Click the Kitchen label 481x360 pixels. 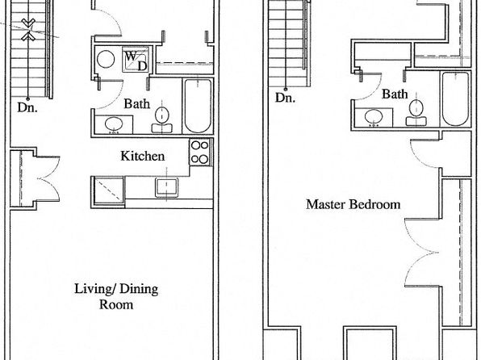(143, 156)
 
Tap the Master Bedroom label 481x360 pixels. (353, 204)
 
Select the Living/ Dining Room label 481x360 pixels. (116, 296)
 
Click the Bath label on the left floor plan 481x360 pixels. (137, 104)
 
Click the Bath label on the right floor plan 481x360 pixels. (395, 94)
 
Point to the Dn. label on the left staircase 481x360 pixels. (27, 107)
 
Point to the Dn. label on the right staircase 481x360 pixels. (285, 98)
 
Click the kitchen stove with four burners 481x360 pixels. (200, 153)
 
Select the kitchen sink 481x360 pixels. (166, 187)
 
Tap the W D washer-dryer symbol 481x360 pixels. (136, 60)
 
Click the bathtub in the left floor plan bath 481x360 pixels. (198, 106)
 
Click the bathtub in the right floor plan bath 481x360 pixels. (455, 98)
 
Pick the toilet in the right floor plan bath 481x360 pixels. (416, 113)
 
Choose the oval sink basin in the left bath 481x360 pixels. (114, 124)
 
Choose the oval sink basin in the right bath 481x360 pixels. (374, 117)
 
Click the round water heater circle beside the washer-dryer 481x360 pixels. (106, 59)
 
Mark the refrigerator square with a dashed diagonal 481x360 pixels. (108, 190)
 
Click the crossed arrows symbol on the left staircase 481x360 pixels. (28, 30)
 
